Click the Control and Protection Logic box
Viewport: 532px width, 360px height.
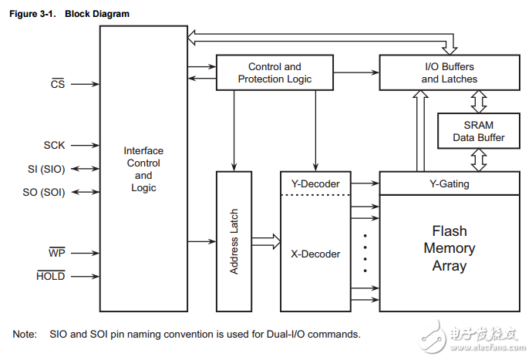274,73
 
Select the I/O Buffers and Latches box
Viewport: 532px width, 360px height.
449,73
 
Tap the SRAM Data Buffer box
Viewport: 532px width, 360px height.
479,131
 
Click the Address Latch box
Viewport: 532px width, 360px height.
234,241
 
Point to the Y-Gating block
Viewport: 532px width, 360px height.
449,183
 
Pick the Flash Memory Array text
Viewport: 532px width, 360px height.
449,248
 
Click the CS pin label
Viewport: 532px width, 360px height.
58,84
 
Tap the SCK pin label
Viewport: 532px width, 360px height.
54,145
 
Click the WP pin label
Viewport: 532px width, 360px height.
57,252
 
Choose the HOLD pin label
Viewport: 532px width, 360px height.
51,276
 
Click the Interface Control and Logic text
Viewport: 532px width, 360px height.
143,169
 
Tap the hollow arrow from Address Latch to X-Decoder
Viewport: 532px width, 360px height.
265,241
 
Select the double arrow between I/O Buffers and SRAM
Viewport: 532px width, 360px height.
479,101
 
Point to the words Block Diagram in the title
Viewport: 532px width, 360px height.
97,14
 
